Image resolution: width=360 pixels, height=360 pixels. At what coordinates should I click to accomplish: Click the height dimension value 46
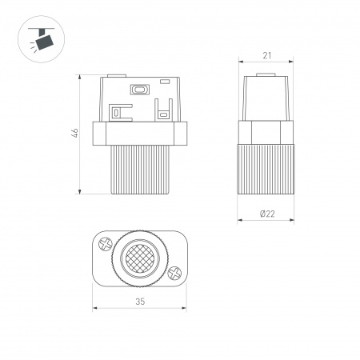click(73, 134)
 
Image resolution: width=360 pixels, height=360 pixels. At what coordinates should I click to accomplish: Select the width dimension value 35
click(140, 302)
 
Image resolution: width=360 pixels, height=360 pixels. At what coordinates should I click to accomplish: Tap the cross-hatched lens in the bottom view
click(140, 258)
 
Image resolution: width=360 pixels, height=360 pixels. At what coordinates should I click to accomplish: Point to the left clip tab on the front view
click(118, 111)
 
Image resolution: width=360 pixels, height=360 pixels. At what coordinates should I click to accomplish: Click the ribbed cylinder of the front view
click(140, 170)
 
